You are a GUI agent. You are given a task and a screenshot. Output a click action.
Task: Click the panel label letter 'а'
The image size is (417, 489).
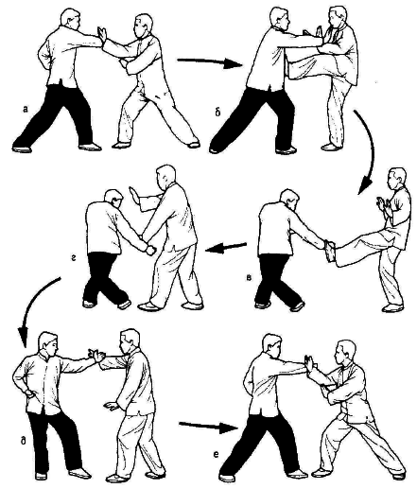(26, 110)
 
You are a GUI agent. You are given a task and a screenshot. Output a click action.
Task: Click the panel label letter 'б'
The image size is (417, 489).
(218, 112)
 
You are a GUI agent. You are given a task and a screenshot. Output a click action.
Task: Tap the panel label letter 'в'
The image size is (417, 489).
(249, 278)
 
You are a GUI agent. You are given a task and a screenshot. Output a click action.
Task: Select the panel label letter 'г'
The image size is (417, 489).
(72, 258)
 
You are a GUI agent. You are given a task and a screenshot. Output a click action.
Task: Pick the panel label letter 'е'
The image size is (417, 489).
(216, 455)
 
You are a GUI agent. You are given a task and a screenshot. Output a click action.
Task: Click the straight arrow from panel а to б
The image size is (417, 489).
(210, 62)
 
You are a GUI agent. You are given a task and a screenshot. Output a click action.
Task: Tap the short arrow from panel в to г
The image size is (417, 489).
(226, 248)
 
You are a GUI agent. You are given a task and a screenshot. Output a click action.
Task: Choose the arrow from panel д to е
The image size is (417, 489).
(208, 427)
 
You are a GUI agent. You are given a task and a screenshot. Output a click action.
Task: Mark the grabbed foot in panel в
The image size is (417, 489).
(330, 251)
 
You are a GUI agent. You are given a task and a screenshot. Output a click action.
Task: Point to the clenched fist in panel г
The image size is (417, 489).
(150, 250)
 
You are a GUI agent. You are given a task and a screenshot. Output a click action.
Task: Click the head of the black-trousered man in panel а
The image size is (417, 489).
(71, 19)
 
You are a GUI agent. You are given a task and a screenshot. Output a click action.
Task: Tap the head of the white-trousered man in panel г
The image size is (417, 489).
(165, 177)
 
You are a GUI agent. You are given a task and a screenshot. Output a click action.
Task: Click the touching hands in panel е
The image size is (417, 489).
(309, 366)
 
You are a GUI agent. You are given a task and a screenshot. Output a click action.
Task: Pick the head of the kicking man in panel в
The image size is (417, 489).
(397, 179)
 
